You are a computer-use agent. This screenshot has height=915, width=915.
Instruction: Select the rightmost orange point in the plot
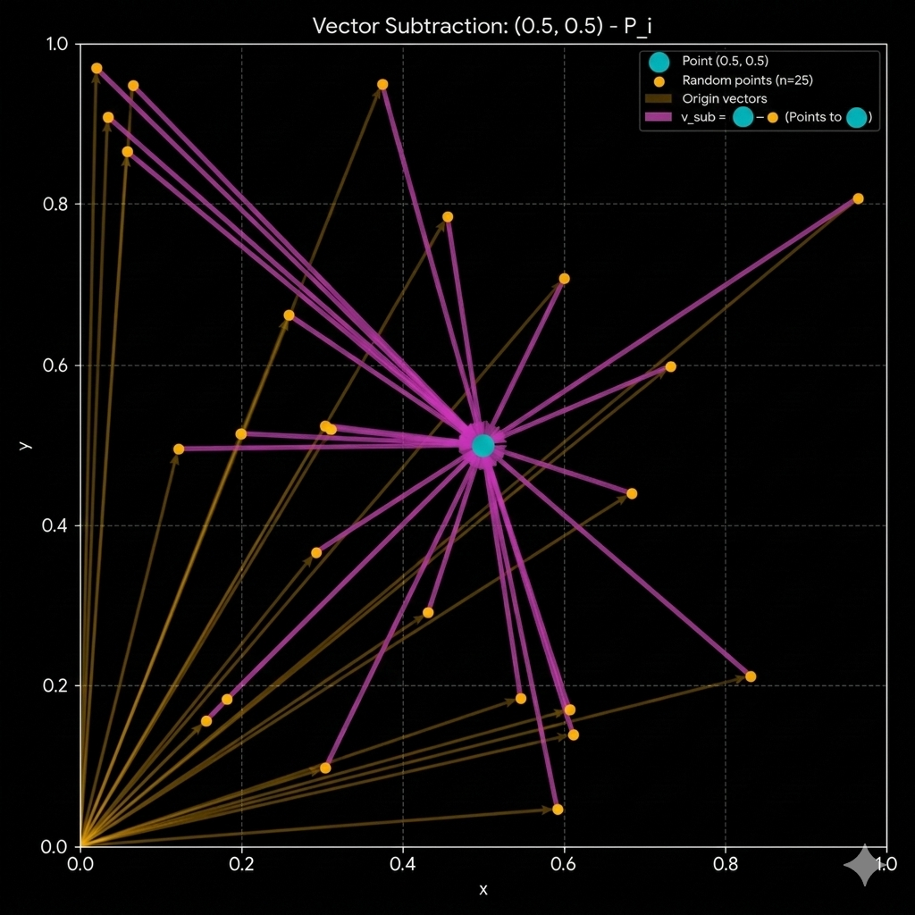pos(858,198)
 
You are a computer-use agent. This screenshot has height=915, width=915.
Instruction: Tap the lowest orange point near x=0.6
pos(558,810)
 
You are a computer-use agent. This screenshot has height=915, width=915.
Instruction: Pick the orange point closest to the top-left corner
pos(97,68)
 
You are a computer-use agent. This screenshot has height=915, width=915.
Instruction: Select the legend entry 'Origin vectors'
pos(724,99)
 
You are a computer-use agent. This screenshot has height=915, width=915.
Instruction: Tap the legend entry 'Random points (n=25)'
pos(747,80)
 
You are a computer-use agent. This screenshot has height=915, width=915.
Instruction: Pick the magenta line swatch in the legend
pos(658,117)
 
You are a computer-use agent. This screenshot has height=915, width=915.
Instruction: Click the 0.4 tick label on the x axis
pos(403,865)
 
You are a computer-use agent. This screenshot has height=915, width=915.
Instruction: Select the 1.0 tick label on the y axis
pos(60,44)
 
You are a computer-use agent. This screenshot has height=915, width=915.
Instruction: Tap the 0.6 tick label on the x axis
pos(564,865)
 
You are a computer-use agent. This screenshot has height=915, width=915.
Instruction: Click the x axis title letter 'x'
pos(483,889)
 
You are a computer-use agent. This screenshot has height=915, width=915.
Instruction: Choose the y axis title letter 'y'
pos(27,444)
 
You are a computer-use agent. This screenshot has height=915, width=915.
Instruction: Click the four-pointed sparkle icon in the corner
pos(865,865)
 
